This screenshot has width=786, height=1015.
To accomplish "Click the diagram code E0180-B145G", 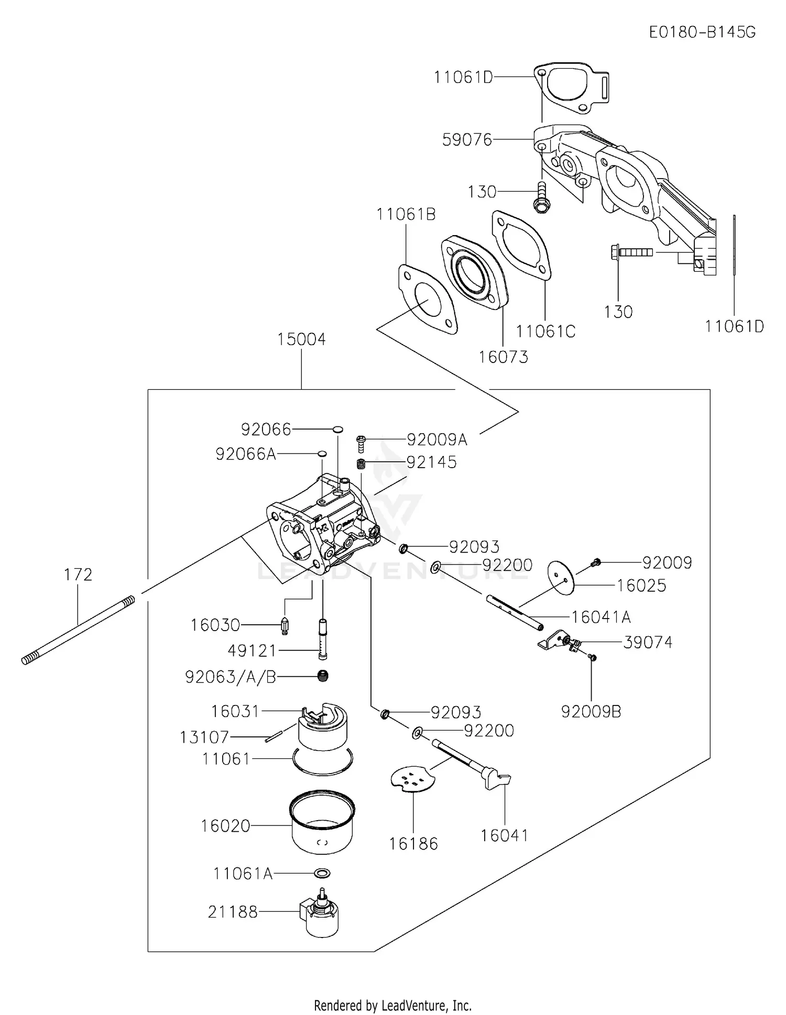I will click(x=702, y=32).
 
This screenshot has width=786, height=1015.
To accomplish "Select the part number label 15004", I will click(x=301, y=339).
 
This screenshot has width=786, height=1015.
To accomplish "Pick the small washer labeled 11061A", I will click(x=322, y=873).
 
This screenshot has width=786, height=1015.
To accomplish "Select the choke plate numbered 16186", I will click(x=413, y=780).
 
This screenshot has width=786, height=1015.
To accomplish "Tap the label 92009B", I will click(x=591, y=712).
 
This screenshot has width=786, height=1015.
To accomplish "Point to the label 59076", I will click(x=467, y=140).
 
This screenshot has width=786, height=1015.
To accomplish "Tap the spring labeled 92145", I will click(x=361, y=463).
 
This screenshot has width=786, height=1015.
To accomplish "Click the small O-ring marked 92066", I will click(x=338, y=429).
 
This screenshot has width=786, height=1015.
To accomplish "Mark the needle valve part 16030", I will click(x=285, y=625).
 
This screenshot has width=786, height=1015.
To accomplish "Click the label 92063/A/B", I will click(x=231, y=677).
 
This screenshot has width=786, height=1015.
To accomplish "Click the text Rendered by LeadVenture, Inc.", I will click(x=392, y=1006).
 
